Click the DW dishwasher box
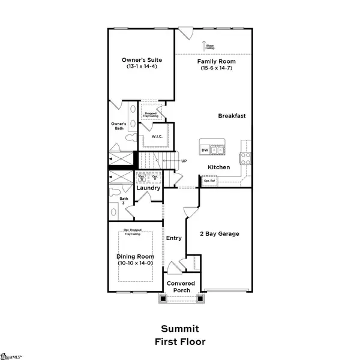[205, 150]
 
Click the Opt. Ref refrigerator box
[209, 180]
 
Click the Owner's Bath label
[118, 127]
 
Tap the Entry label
[174, 238]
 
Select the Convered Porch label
[178, 287]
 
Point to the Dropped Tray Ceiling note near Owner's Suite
[149, 113]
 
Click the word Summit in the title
[179, 329]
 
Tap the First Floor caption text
[179, 342]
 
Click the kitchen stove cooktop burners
[245, 158]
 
